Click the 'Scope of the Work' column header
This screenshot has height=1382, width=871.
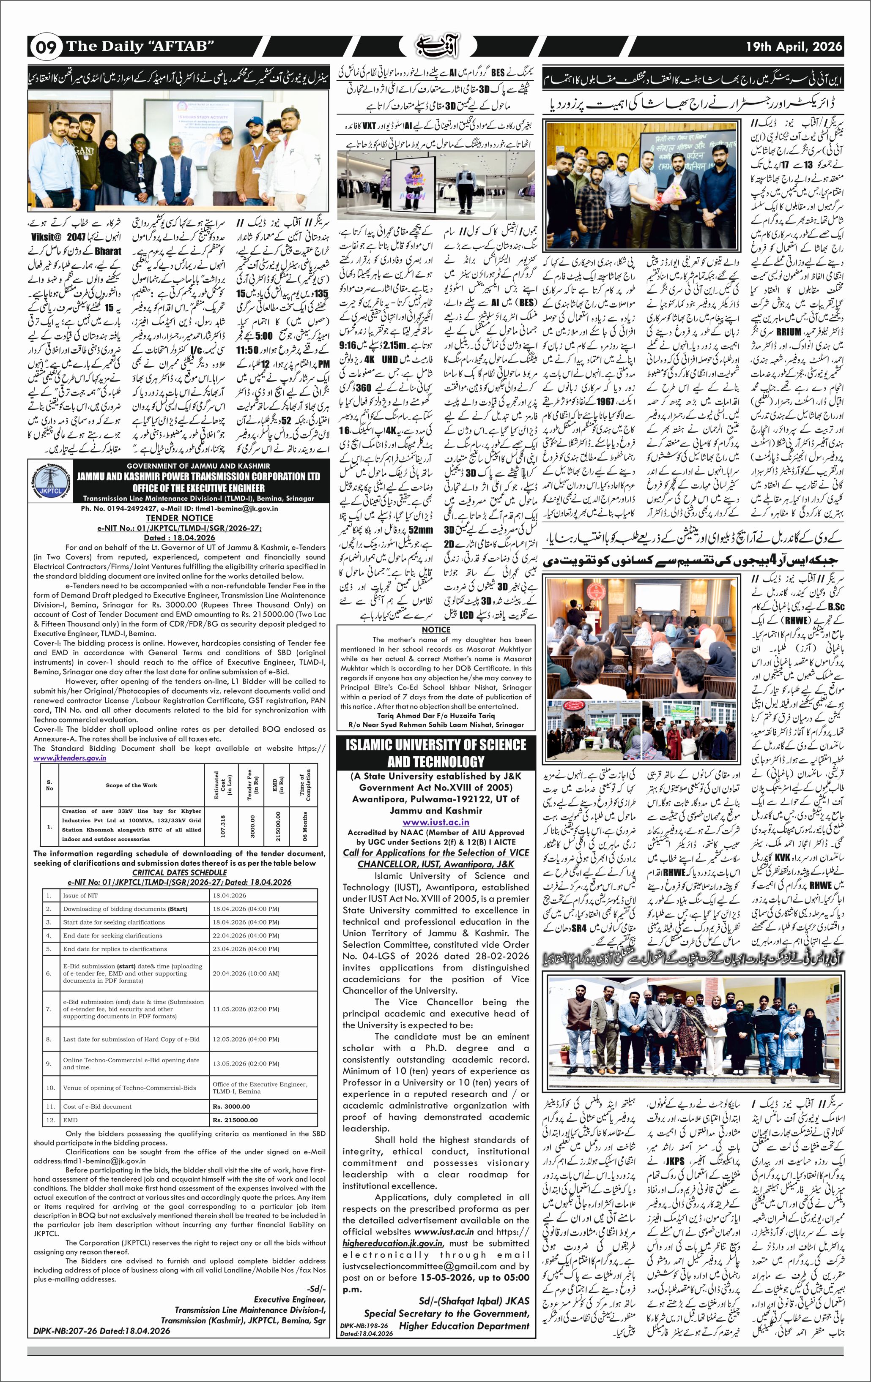click(x=131, y=785)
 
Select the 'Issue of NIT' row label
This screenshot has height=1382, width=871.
click(x=80, y=895)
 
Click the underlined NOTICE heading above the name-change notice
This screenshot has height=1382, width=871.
click(x=436, y=630)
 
